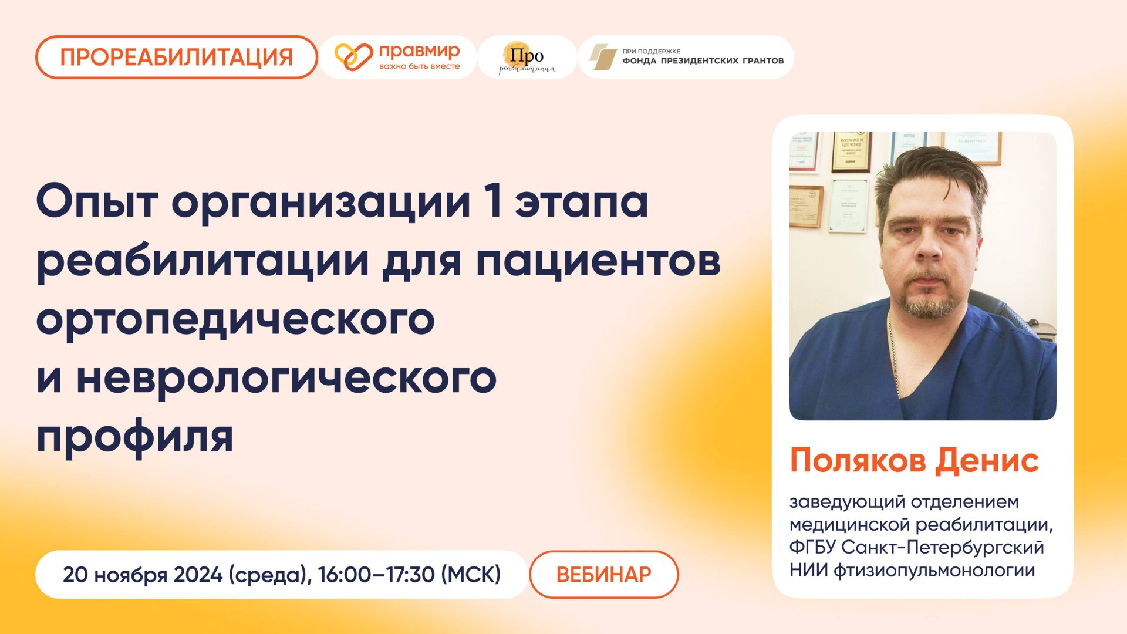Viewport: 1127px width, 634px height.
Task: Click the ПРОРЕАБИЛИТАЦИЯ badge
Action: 176,58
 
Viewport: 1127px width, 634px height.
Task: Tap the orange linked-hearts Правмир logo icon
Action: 353,57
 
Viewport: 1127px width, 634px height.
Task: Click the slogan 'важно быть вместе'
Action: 419,66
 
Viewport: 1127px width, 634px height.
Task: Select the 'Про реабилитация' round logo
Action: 527,58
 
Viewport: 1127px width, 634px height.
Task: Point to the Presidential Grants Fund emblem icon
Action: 603,57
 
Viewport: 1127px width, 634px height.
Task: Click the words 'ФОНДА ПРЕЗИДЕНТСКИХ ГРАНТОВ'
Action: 703,60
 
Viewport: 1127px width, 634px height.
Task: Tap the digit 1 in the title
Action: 494,201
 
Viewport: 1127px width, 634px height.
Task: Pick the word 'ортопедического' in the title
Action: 235,319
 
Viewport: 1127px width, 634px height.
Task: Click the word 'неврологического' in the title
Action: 286,378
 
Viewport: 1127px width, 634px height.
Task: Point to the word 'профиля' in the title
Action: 135,437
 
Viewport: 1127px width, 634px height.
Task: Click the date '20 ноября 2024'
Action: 143,575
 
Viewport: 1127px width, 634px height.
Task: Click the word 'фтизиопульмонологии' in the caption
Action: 934,570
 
